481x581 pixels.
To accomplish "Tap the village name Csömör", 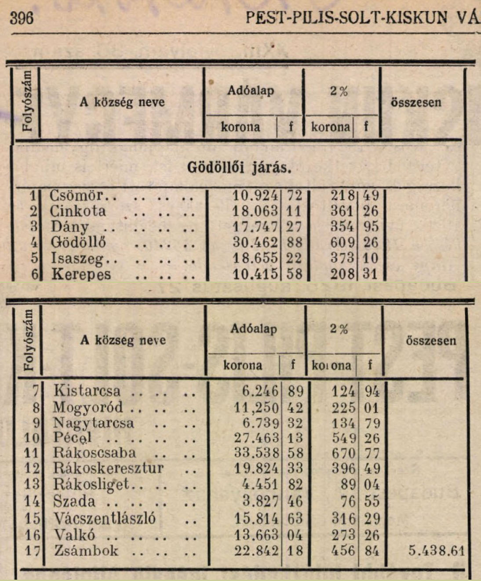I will tap(76, 195).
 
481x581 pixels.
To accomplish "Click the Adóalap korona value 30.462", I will tap(255, 242).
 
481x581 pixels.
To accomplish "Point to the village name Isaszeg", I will tap(78, 258).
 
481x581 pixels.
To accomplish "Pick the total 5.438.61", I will tap(436, 551).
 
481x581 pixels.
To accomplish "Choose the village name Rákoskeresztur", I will tap(108, 468).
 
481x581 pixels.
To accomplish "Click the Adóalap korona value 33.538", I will tap(256, 453).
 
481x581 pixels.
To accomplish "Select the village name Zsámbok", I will tap(86, 551).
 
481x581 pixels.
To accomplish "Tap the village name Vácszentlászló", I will tap(105, 518).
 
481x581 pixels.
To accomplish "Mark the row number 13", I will tap(32, 485).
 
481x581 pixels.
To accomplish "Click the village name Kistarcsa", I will tap(87, 390).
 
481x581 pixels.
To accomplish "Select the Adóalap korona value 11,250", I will tap(256, 408).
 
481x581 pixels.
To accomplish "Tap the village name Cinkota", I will tap(78, 211).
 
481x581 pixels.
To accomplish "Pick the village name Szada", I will tap(74, 501).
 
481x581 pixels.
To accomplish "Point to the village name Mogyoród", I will tap(88, 408).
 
